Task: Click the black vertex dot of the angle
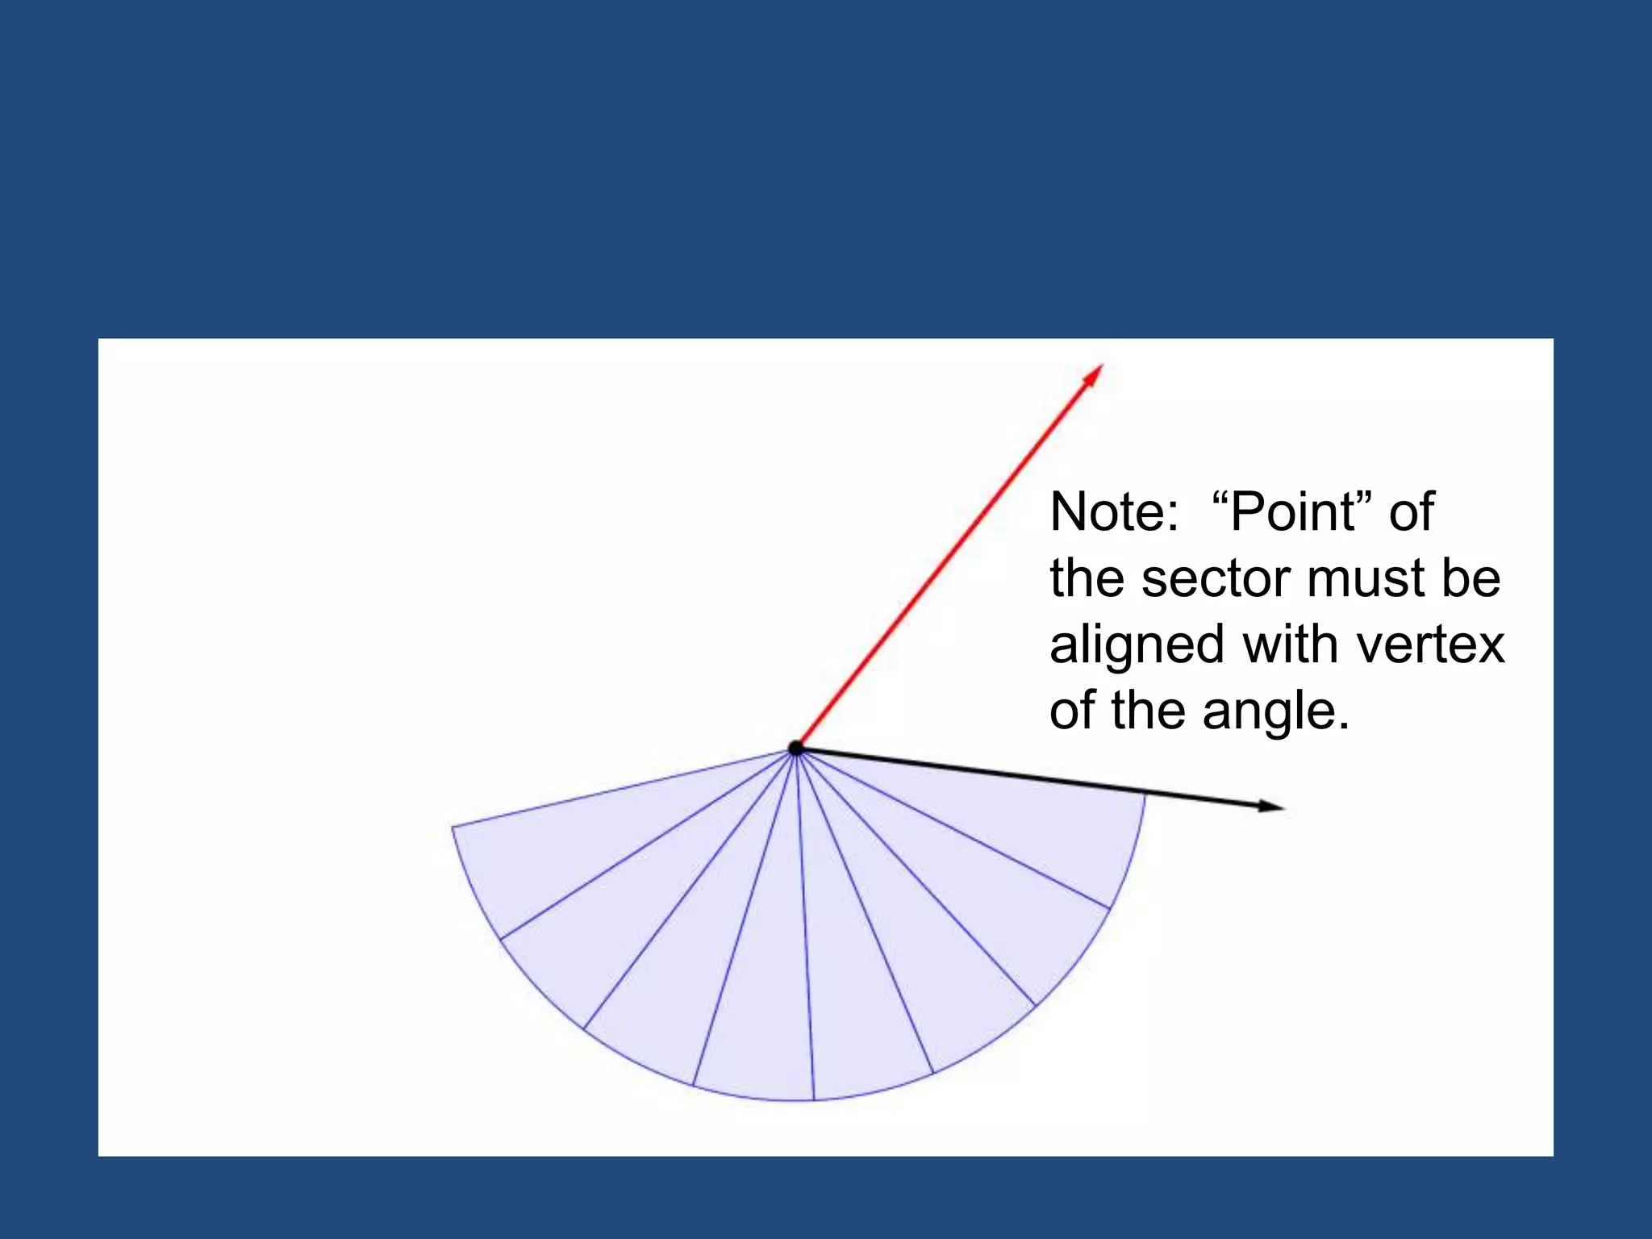[x=796, y=748]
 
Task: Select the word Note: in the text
[x=1114, y=512]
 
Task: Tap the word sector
[x=1217, y=578]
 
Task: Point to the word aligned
[x=1137, y=645]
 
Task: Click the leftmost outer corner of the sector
[x=453, y=827]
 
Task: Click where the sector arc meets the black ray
[x=1144, y=795]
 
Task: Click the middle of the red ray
[x=949, y=557]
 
